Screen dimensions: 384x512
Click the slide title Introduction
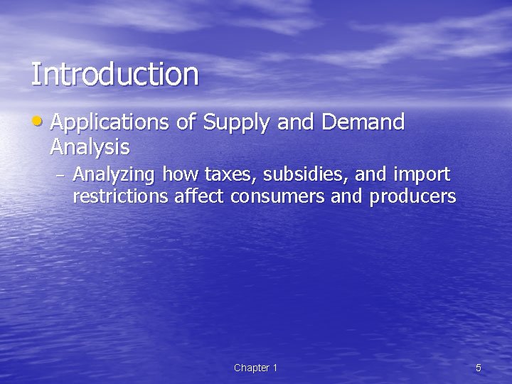click(x=114, y=75)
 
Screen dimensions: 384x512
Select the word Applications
click(x=110, y=123)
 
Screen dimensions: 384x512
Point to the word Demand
click(x=363, y=122)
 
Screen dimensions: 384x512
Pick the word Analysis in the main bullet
click(x=90, y=147)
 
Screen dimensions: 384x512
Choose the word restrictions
click(x=120, y=196)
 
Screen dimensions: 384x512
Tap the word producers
click(x=412, y=196)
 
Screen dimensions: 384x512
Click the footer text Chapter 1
click(x=255, y=368)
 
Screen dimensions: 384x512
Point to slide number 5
click(x=479, y=368)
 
